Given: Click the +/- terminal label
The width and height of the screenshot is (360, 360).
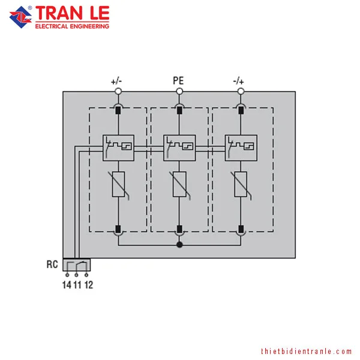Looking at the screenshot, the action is [x=116, y=81].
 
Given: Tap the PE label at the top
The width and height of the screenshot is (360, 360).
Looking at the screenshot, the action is [x=178, y=80].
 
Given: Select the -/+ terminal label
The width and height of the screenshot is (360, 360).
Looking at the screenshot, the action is [x=238, y=81].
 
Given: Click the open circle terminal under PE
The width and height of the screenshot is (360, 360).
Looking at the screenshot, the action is [x=179, y=91].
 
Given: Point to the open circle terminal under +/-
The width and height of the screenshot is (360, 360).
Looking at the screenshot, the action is [x=118, y=91].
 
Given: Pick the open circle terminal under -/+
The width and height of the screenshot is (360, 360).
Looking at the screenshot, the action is [x=241, y=91].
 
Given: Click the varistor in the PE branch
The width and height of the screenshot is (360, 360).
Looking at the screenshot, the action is [x=179, y=185].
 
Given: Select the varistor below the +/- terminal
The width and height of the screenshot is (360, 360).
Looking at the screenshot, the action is [x=118, y=185].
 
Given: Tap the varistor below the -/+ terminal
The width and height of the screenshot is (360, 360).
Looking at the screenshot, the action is [x=241, y=185].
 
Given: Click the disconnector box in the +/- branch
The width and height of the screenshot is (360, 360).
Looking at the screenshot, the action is [x=118, y=148].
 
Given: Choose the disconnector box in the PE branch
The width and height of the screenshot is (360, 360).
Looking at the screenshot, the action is [x=179, y=148].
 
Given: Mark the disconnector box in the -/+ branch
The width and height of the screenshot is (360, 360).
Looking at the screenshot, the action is [x=241, y=148].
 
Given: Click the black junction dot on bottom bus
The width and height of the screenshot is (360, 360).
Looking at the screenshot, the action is [x=179, y=245].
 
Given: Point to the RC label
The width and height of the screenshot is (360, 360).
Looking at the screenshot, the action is [x=52, y=264].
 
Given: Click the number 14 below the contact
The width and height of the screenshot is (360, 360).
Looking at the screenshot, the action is [x=67, y=285].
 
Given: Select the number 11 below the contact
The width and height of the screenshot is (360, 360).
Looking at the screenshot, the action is [x=77, y=285].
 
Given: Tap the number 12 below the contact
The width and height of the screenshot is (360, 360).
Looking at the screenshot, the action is [x=89, y=285].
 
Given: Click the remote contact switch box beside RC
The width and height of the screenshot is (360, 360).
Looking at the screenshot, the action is [x=77, y=265].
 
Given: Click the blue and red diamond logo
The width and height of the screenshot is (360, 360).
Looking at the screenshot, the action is [x=20, y=17].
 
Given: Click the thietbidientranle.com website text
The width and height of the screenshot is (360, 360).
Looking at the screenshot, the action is [x=306, y=351].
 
